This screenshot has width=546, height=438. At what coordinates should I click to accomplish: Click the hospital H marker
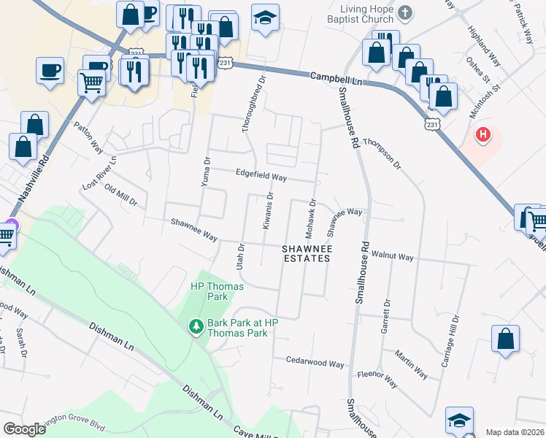click(482, 135)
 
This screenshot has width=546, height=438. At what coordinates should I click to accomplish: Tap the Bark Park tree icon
click(196, 326)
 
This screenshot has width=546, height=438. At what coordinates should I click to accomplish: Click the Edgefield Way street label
click(261, 176)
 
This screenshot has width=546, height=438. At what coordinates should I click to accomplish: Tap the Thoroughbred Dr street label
click(251, 102)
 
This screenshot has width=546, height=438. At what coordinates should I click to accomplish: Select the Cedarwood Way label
click(315, 362)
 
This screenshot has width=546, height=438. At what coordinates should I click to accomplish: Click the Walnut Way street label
click(392, 257)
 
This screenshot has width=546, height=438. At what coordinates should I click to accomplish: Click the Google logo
click(24, 429)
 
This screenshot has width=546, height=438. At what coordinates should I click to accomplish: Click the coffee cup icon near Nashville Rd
click(50, 71)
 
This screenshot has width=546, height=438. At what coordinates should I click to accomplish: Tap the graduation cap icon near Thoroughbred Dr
click(264, 18)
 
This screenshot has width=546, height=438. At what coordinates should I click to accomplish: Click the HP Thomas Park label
click(209, 291)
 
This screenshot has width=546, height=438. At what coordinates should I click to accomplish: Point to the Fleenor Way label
click(377, 378)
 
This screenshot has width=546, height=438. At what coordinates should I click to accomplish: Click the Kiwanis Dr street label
click(267, 211)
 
